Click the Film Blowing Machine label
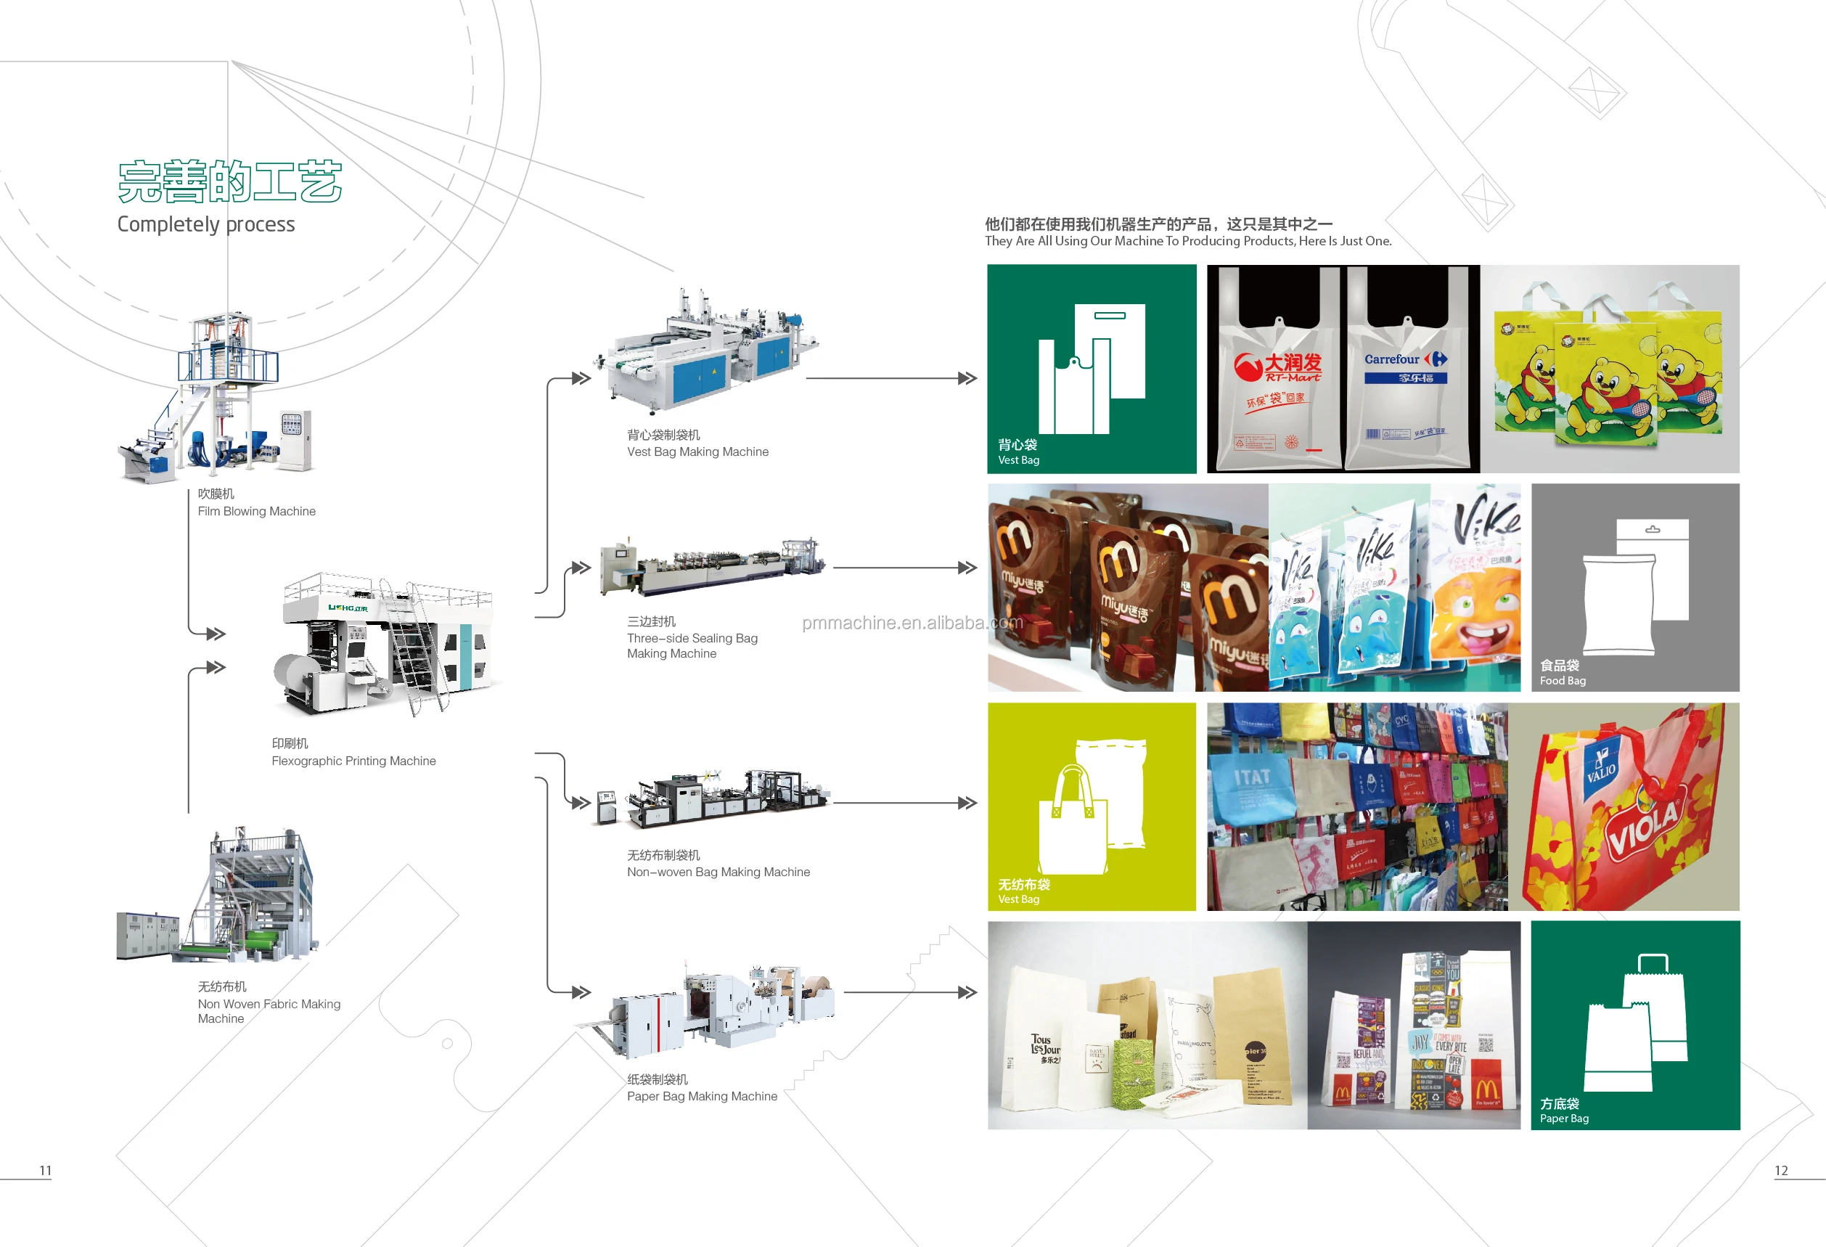click(x=256, y=511)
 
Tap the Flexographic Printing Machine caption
click(x=353, y=761)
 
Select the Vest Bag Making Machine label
click(x=697, y=451)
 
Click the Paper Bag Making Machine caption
click(x=702, y=1096)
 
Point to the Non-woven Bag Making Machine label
click(x=717, y=872)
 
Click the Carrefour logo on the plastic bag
click(x=1405, y=359)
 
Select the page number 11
click(x=46, y=1170)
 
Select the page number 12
click(x=1780, y=1170)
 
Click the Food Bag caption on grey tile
click(x=1562, y=680)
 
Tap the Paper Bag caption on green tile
click(x=1563, y=1118)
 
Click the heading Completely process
click(x=206, y=225)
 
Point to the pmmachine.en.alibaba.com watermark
click(x=912, y=622)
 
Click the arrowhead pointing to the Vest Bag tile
click(x=967, y=378)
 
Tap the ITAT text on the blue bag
click(x=1252, y=778)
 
